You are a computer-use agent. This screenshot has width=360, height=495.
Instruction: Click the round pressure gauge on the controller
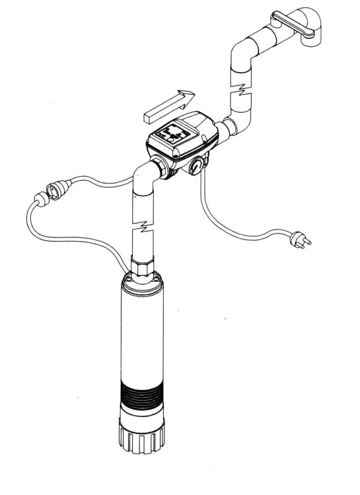[x=196, y=165]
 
